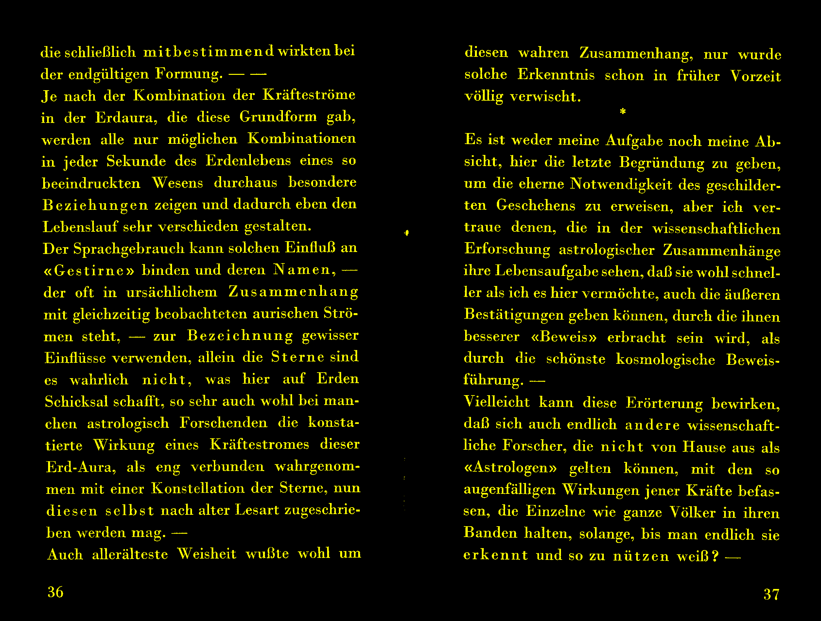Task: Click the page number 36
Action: click(55, 592)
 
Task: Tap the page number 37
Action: click(771, 594)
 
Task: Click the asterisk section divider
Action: click(623, 111)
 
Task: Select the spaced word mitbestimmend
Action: click(209, 52)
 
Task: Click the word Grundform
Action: click(278, 117)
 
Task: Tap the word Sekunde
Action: click(136, 161)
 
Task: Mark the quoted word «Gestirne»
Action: click(89, 270)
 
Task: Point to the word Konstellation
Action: click(198, 488)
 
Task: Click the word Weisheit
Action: click(207, 554)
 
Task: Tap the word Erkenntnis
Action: click(556, 75)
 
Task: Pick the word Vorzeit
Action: click(755, 76)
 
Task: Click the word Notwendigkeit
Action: click(621, 184)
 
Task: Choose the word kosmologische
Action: click(666, 360)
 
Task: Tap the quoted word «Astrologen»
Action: click(510, 468)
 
